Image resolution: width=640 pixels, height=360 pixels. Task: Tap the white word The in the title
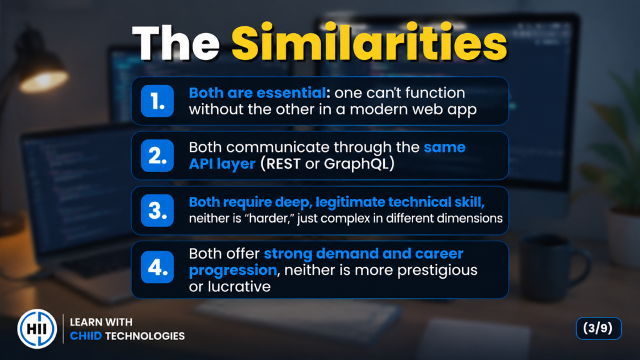176,43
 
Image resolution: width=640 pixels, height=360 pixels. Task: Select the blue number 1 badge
157,101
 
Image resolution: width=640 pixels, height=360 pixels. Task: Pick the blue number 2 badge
157,156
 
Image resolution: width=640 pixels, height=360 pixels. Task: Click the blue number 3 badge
157,211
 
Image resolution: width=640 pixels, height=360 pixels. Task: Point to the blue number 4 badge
157,267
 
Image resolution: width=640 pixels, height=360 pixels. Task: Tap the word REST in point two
283,164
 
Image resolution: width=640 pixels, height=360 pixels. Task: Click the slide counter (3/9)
598,328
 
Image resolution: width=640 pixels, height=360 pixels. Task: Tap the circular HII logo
37,329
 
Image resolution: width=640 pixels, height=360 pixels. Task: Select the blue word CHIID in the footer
86,336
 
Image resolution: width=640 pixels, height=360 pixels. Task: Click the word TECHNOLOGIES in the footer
145,336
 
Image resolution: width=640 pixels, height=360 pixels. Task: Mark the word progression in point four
233,271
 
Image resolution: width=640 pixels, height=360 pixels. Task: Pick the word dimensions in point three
469,218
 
